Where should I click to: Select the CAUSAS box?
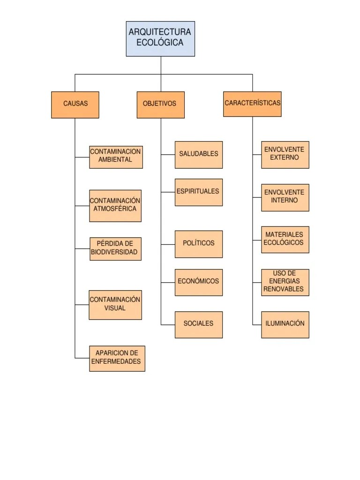pos(75,105)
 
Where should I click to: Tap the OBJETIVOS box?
pos(161,105)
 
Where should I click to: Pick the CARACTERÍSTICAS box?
pos(252,104)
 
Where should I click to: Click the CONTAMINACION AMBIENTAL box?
pos(116,157)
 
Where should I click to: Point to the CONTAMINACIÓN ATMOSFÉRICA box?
pos(115,206)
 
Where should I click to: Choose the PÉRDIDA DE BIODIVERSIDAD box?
pos(115,249)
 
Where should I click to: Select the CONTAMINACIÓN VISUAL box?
pos(115,305)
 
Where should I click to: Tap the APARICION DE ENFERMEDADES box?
pos(117,359)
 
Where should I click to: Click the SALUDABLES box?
pos(199,155)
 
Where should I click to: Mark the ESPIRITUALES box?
pos(199,192)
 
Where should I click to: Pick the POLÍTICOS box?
pos(199,244)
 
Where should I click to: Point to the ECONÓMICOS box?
pos(199,282)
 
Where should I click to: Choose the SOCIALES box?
pos(199,324)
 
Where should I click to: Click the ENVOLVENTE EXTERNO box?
pos(285,154)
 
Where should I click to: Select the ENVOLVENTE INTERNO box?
pos(285,197)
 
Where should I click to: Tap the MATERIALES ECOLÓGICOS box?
pos(285,240)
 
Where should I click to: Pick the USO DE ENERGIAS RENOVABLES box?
pos(285,282)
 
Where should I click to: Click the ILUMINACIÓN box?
pos(285,324)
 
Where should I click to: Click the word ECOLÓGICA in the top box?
pos(160,43)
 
